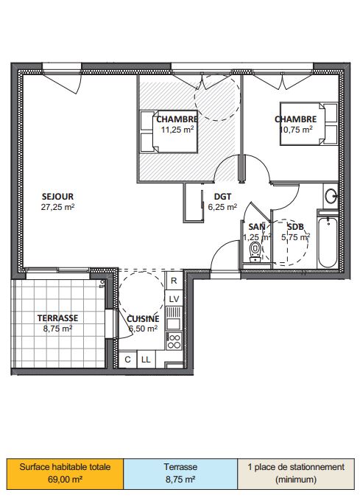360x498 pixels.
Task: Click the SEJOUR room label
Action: point(57,197)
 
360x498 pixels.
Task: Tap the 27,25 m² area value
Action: point(57,207)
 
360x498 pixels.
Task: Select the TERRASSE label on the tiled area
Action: point(57,318)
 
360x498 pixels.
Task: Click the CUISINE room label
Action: point(143,319)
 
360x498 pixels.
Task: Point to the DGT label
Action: point(222,197)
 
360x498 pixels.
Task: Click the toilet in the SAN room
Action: point(255,252)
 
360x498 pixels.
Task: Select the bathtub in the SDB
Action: point(328,242)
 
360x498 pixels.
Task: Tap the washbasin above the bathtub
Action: point(331,196)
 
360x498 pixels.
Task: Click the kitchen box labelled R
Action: point(174,281)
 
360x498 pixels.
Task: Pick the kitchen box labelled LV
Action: point(174,298)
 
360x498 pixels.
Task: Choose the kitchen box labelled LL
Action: point(146,360)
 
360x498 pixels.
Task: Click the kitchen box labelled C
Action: point(127,360)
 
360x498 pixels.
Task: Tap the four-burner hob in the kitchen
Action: point(174,341)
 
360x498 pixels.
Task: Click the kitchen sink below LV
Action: point(174,319)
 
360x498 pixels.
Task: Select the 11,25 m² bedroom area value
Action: point(177,130)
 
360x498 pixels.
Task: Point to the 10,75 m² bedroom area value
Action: point(296,130)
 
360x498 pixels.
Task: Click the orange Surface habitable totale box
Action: point(65,474)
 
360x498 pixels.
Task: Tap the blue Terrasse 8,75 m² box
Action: point(180,474)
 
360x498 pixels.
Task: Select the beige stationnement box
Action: point(296,474)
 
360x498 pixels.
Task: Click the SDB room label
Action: point(295,227)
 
